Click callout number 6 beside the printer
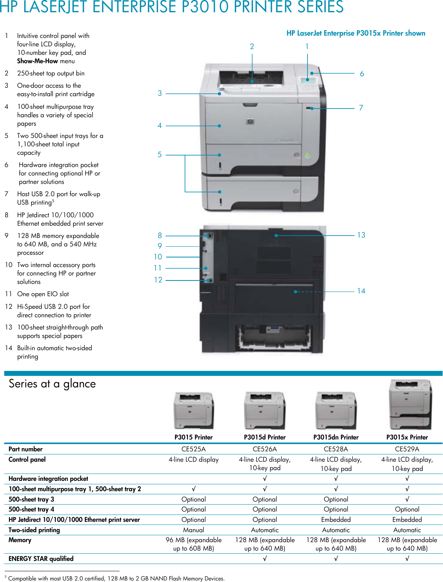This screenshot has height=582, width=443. (362, 74)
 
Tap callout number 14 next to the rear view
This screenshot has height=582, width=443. (361, 291)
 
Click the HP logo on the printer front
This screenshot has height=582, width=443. (250, 122)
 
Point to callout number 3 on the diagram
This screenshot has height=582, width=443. (160, 93)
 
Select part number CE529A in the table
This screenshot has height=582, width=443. (407, 449)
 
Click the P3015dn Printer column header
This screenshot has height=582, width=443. (336, 437)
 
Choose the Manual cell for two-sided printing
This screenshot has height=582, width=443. (193, 530)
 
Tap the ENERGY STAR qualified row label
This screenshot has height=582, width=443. (41, 559)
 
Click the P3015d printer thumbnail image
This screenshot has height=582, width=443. (265, 410)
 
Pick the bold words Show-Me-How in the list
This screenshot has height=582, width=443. (38, 61)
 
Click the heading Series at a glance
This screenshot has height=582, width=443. (52, 384)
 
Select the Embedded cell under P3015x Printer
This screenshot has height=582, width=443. (407, 520)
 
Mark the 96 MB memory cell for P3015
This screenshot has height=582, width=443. (193, 544)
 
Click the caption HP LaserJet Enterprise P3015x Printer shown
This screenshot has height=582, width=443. (356, 33)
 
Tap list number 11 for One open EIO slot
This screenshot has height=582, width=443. (8, 294)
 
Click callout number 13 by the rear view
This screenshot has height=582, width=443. (361, 235)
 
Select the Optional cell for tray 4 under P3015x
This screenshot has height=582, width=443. (407, 509)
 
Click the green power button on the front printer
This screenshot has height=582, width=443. (307, 156)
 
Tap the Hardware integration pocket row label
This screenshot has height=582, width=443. (48, 479)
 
